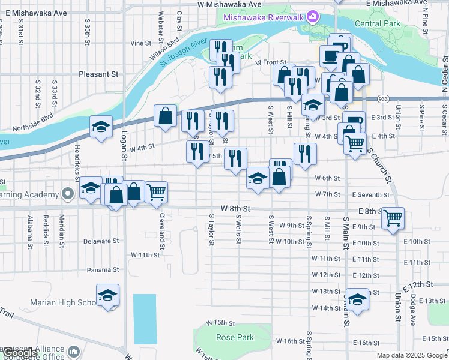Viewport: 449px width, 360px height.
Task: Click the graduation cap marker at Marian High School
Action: pos(108,295)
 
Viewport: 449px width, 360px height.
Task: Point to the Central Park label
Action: pos(377,23)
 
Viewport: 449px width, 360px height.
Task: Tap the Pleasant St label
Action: pos(98,74)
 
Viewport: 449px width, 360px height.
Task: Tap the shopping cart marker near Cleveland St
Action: pos(156,193)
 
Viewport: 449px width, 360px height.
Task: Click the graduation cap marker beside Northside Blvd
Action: pos(101,126)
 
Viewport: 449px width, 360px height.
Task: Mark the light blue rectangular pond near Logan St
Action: pos(144,319)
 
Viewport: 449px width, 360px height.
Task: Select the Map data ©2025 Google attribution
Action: pos(412,355)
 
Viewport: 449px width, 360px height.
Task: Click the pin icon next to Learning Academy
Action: pos(68,194)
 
